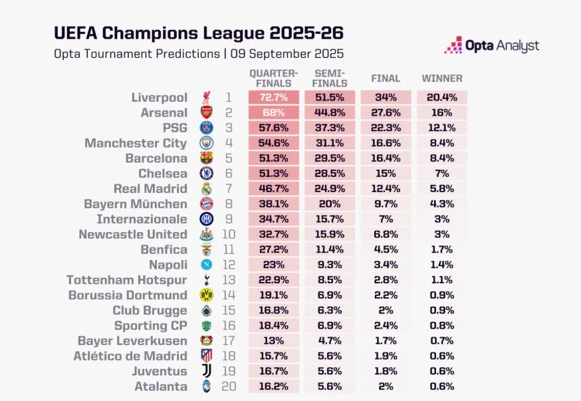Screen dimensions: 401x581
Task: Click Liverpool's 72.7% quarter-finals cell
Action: point(273,98)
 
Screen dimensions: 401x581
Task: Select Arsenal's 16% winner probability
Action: point(441,113)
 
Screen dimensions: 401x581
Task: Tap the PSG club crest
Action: point(207,128)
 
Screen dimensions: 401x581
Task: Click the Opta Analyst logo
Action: point(492,46)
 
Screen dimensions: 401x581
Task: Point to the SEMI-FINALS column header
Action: point(329,78)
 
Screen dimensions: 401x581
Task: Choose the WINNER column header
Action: point(442,78)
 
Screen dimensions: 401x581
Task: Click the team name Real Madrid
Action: point(150,189)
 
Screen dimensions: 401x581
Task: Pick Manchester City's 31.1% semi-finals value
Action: point(329,144)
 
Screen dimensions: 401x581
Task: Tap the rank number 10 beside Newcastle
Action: point(229,234)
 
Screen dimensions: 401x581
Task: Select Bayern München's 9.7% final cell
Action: point(386,204)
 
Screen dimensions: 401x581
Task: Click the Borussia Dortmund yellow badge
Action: point(207,295)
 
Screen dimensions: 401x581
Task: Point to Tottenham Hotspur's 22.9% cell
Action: point(273,280)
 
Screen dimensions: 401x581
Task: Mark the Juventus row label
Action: point(160,371)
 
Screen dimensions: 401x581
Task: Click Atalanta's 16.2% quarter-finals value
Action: point(273,386)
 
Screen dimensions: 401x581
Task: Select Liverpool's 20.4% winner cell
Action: point(441,98)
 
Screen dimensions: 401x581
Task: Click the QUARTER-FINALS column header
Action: point(273,78)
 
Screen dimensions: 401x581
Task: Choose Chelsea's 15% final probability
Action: point(386,174)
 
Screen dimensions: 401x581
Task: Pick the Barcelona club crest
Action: point(207,158)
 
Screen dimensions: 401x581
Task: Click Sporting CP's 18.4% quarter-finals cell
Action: point(273,326)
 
